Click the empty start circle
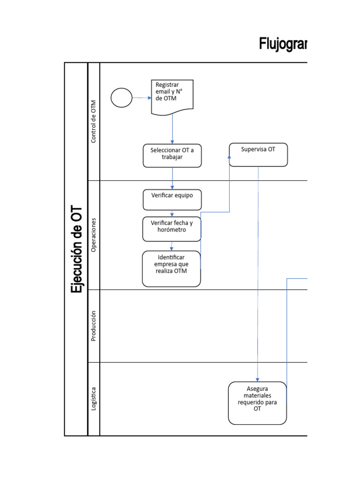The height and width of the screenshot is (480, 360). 121,98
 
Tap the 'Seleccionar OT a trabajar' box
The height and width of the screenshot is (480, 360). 172,155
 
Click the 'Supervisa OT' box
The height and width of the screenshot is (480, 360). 258,155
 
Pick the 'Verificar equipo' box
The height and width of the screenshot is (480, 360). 172,200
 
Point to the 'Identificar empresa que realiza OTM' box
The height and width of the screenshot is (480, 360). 172,269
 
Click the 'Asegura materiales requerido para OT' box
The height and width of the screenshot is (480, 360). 257,403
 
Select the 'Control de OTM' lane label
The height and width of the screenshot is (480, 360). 94,121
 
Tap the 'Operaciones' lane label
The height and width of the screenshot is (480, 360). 94,235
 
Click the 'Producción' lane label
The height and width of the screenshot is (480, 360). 94,326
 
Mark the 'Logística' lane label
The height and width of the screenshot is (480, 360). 94,399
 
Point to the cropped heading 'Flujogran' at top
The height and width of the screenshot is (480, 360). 283,44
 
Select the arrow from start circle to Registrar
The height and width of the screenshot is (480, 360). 142,98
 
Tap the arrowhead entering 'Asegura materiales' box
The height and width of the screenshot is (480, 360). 257,379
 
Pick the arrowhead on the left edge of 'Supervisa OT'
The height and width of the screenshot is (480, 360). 230,157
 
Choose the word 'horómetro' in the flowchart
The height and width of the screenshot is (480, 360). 172,230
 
